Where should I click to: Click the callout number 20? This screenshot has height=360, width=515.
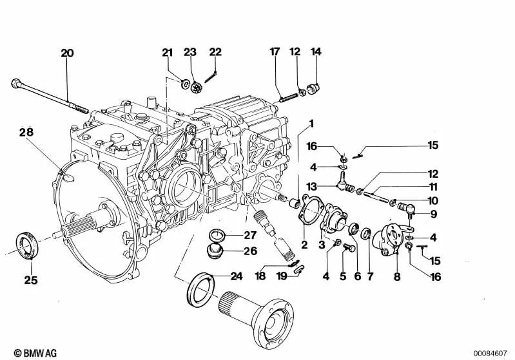tap(67, 53)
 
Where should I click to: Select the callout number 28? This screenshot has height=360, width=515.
tap(26, 132)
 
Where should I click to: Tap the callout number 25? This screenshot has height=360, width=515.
tap(30, 280)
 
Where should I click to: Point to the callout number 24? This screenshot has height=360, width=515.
tap(236, 276)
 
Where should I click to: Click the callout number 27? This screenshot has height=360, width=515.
tap(250, 235)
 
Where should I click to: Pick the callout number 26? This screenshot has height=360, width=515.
tap(250, 251)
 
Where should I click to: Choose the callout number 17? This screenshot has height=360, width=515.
tap(275, 52)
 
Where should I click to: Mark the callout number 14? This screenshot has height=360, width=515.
tap(316, 52)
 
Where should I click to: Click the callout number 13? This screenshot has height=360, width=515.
tap(311, 187)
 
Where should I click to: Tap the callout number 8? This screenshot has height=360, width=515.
tap(397, 277)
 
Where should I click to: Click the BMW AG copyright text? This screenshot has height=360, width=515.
tap(35, 353)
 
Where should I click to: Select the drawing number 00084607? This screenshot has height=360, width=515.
tap(490, 354)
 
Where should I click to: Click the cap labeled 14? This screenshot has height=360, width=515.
tap(313, 89)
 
